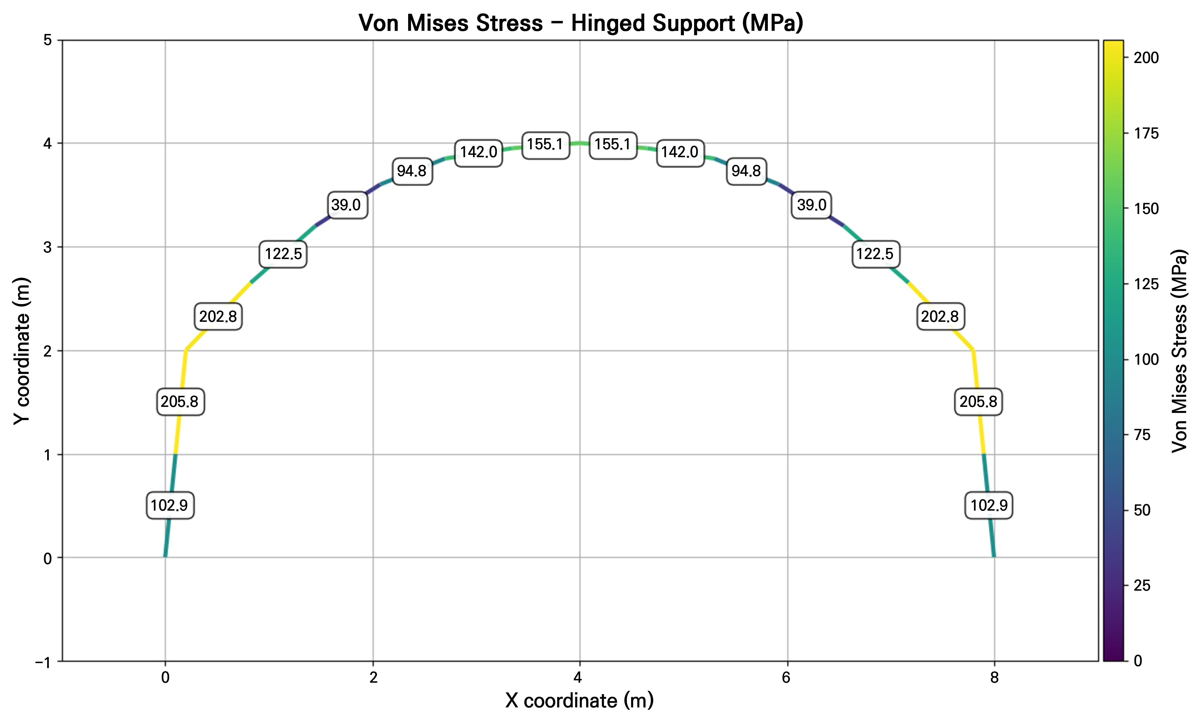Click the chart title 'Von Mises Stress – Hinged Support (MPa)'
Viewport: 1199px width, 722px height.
pos(581,23)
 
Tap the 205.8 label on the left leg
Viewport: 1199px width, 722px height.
pos(180,402)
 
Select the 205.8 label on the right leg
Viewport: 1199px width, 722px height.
pos(978,402)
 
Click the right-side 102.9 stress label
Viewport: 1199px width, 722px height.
pos(989,506)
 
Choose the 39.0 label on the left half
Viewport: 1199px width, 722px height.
pos(346,205)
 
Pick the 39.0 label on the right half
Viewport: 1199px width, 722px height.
pos(812,205)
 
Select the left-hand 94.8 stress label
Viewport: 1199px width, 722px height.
pos(412,171)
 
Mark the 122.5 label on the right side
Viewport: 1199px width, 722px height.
pos(875,254)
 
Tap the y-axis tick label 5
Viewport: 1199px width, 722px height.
pos(48,40)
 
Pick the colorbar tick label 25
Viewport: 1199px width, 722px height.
pos(1142,586)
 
